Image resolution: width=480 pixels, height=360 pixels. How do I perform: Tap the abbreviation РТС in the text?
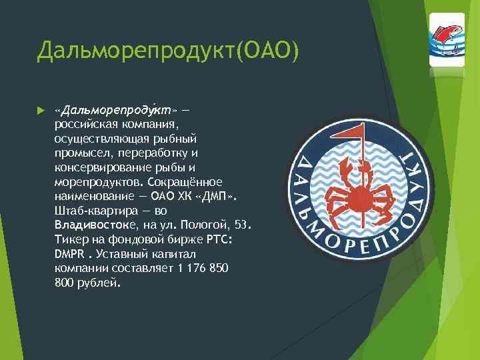tap(216, 240)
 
